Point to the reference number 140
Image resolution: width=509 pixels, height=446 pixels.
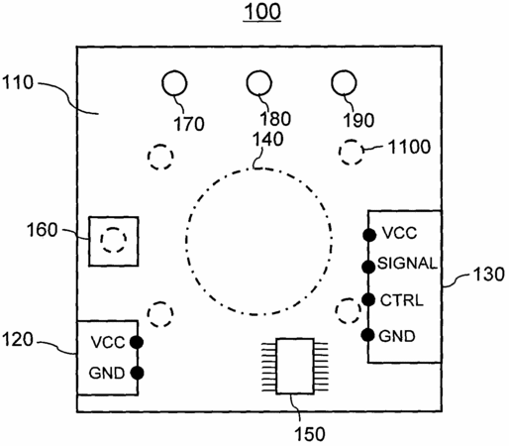(267, 140)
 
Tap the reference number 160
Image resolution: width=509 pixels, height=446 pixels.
(42, 230)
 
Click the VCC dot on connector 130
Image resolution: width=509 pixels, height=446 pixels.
(369, 235)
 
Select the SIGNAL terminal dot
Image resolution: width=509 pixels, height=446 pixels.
(368, 267)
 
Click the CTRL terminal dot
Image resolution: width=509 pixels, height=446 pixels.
(368, 299)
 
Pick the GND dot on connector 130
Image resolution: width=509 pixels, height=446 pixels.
(367, 335)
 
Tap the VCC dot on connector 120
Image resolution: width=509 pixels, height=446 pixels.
(137, 342)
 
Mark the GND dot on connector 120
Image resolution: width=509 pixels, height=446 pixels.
(137, 373)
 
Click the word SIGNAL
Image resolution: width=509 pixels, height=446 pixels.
(407, 264)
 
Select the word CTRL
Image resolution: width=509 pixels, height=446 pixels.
(401, 300)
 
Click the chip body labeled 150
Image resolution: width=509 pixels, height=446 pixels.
(295, 366)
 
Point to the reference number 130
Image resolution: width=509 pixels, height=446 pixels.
(489, 275)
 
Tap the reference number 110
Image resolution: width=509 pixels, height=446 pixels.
(18, 82)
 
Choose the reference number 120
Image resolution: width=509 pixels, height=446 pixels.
(18, 339)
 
